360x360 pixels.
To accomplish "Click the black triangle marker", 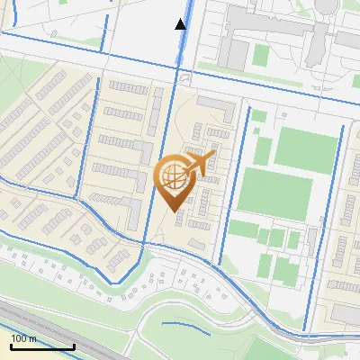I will tap(181, 24).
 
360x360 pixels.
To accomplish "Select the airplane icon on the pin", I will tap(200, 163).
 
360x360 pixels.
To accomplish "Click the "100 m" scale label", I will tap(24, 338).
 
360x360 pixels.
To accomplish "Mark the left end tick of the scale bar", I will tap(11, 345).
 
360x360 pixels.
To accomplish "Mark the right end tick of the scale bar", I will tap(74, 345).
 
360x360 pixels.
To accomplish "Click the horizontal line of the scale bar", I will tap(42, 346).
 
